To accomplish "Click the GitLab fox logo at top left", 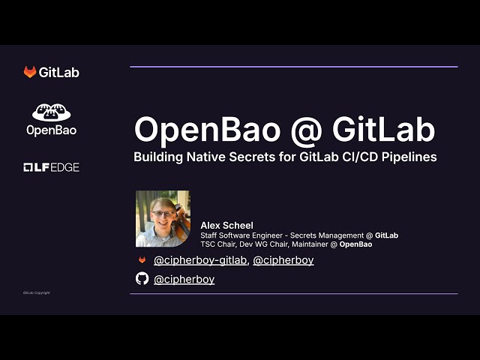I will pos(30,73).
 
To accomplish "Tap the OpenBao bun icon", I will pos(51,112).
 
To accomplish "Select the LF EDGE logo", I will pos(51,167).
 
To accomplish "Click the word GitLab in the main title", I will pos(373,130).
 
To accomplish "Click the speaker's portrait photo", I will pos(163,218).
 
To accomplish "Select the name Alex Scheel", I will pos(226,226).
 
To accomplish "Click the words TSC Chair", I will pos(217,244).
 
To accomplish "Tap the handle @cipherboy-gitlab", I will pos(199,260).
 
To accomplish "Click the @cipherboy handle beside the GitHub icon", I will pos(184,279).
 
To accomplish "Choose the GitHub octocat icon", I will pos(142,279).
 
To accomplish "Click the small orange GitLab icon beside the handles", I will pos(142,260).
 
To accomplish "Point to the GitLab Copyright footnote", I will pos(36,292).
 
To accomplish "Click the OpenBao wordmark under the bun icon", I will pos(51,130).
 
